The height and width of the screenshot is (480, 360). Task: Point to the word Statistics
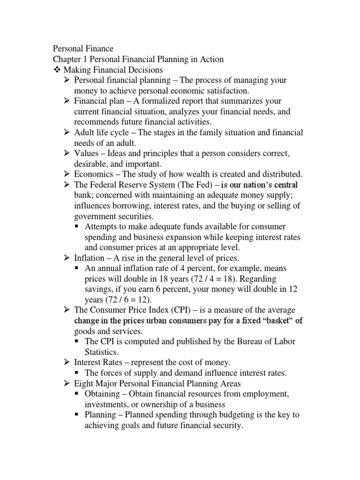(x=103, y=352)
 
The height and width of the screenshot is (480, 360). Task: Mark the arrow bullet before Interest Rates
(x=67, y=362)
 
